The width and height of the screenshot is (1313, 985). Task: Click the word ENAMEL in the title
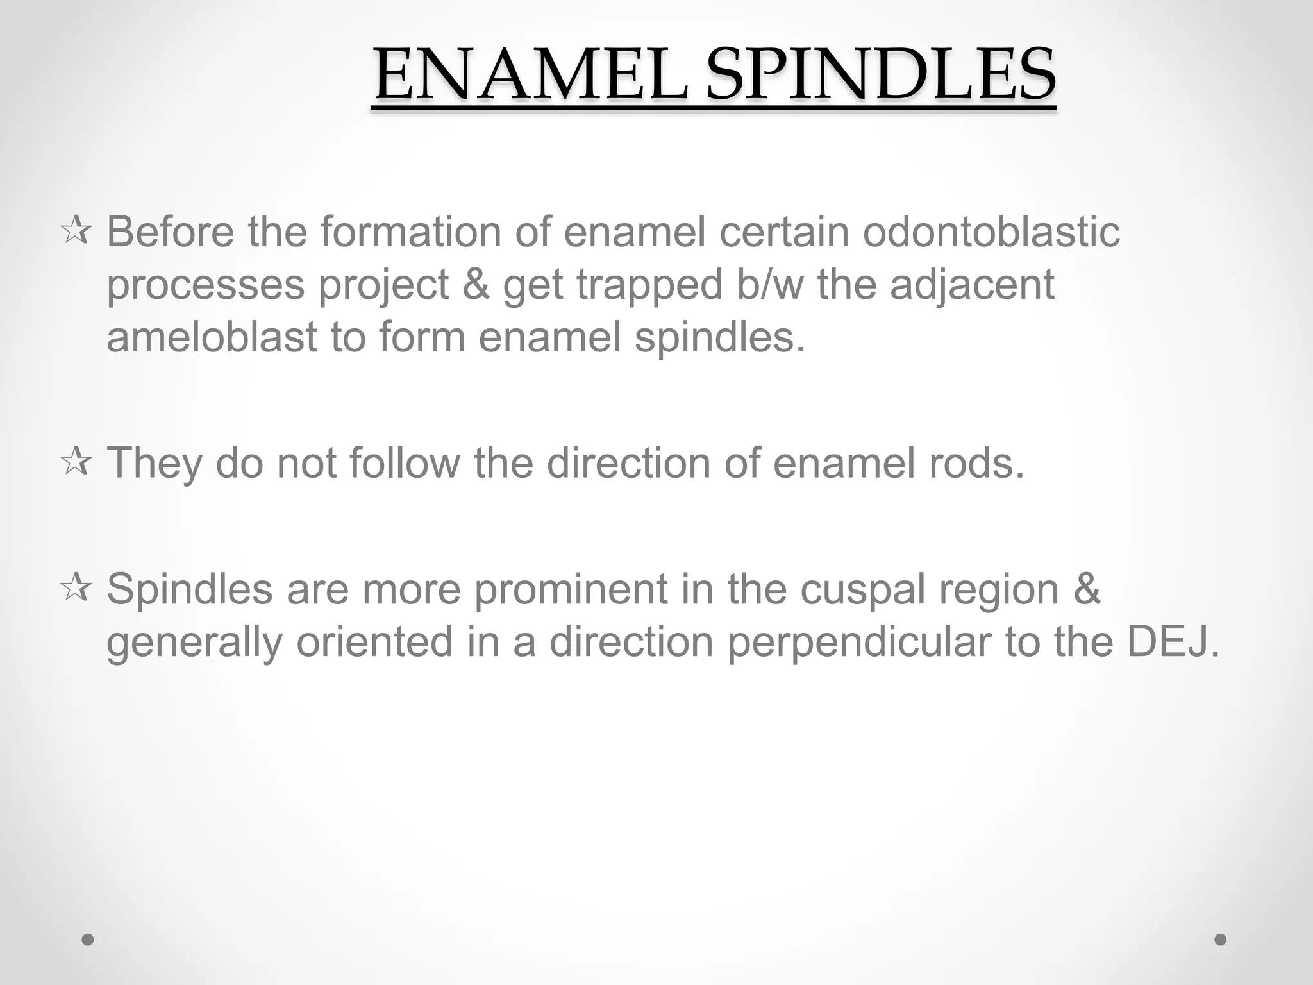531,76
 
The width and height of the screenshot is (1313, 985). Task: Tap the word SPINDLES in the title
881,76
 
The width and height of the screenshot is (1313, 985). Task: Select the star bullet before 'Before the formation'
76,232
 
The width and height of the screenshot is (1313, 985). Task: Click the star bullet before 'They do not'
76,462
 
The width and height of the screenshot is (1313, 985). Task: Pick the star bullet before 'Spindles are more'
76,589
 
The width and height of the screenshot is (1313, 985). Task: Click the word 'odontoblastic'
991,232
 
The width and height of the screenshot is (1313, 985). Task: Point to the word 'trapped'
649,285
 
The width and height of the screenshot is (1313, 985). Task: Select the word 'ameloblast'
212,337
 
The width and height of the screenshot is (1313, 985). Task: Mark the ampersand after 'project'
475,284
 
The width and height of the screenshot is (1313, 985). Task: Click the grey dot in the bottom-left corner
88,940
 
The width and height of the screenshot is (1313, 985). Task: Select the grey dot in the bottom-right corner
1221,940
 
